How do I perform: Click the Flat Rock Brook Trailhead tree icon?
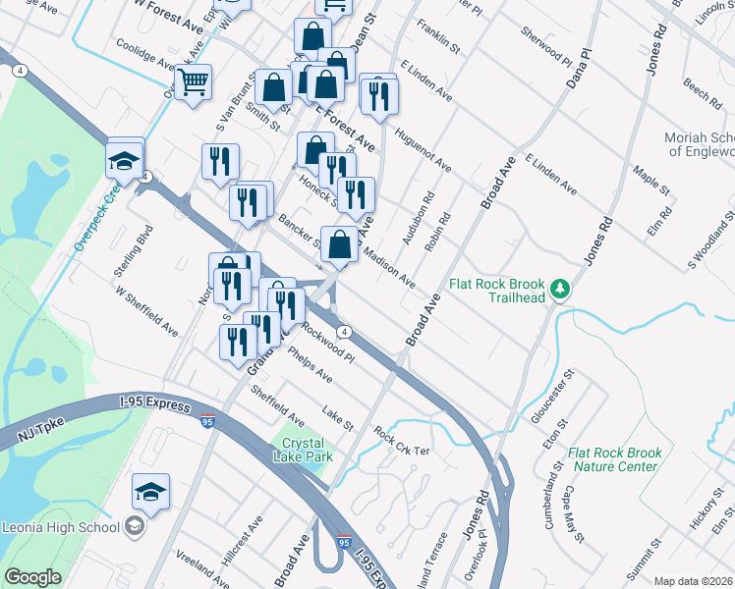[x=560, y=289]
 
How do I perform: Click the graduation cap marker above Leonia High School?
[x=150, y=492]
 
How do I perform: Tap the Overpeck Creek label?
[x=96, y=211]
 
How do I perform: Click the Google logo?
[x=32, y=577]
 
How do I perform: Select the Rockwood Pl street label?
[x=328, y=345]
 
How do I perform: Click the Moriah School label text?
[x=699, y=144]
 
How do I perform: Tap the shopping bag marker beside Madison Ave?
[x=339, y=245]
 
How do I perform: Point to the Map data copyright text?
[x=693, y=581]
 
